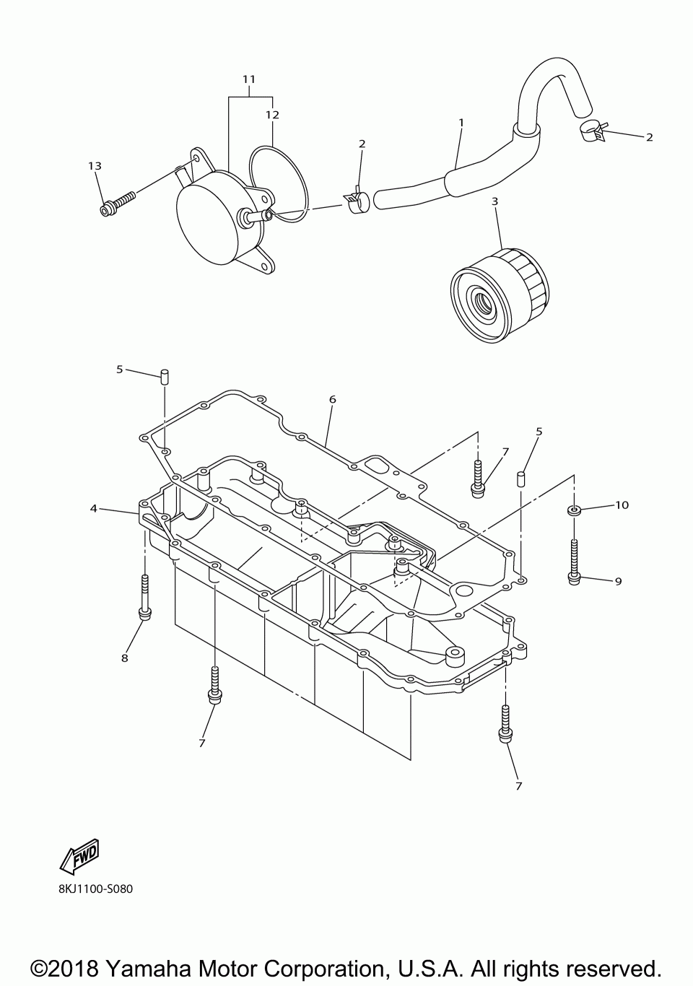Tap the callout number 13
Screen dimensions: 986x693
95,166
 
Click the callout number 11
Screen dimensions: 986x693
249,78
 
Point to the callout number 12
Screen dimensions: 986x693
272,114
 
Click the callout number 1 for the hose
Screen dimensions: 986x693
461,123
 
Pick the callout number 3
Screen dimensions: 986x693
494,201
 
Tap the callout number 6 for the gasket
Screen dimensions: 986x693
332,399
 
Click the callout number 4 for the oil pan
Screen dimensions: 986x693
94,508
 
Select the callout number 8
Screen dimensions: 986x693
124,658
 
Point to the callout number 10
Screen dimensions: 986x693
622,505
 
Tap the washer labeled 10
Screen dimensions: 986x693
575,511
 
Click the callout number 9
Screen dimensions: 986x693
618,580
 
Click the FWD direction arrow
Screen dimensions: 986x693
79,855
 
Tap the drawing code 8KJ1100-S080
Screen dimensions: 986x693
95,889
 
